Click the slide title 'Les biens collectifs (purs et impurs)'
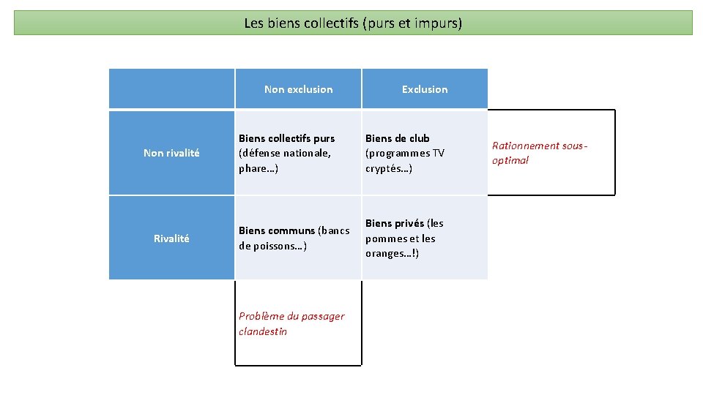(x=353, y=23)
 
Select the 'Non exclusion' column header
(x=298, y=89)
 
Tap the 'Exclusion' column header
(x=425, y=89)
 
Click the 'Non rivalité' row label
(x=171, y=153)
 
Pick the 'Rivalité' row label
(x=171, y=238)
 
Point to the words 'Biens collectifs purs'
(x=286, y=138)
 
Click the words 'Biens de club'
(x=398, y=138)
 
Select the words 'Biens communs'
(x=277, y=231)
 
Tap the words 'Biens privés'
(x=395, y=223)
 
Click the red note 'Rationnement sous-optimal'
(x=540, y=153)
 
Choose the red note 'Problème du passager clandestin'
(x=291, y=323)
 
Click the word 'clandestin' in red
(x=263, y=331)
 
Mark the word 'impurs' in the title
(x=438, y=23)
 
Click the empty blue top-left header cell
(x=171, y=89)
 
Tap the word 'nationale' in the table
(x=308, y=153)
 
